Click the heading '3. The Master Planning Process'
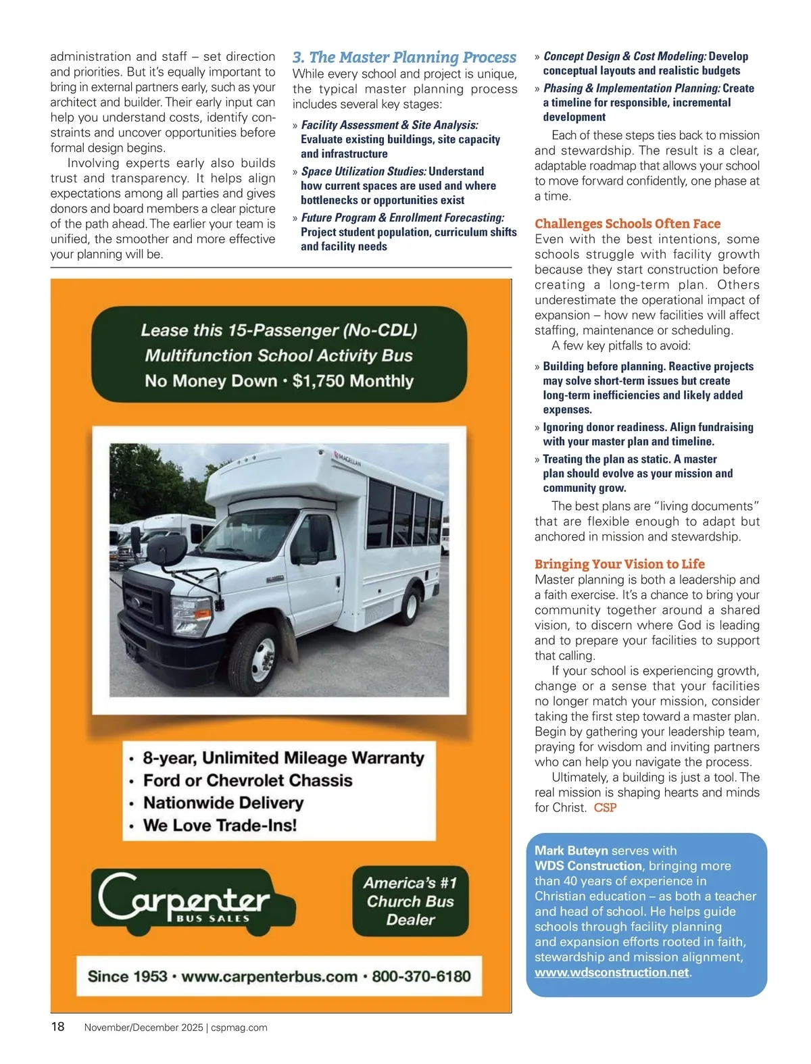[404, 57]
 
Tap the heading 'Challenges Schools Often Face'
[627, 224]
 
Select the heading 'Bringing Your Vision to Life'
[619, 564]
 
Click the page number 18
[58, 1027]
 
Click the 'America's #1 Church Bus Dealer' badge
[410, 901]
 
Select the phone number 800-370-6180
[421, 976]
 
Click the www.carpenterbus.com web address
[269, 976]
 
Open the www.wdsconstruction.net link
[612, 973]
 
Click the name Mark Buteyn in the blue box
[571, 851]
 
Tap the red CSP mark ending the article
[605, 808]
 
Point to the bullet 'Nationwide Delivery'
[223, 803]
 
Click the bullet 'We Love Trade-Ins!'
[220, 825]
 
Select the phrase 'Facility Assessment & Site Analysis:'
[389, 125]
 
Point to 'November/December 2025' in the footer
[143, 1028]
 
